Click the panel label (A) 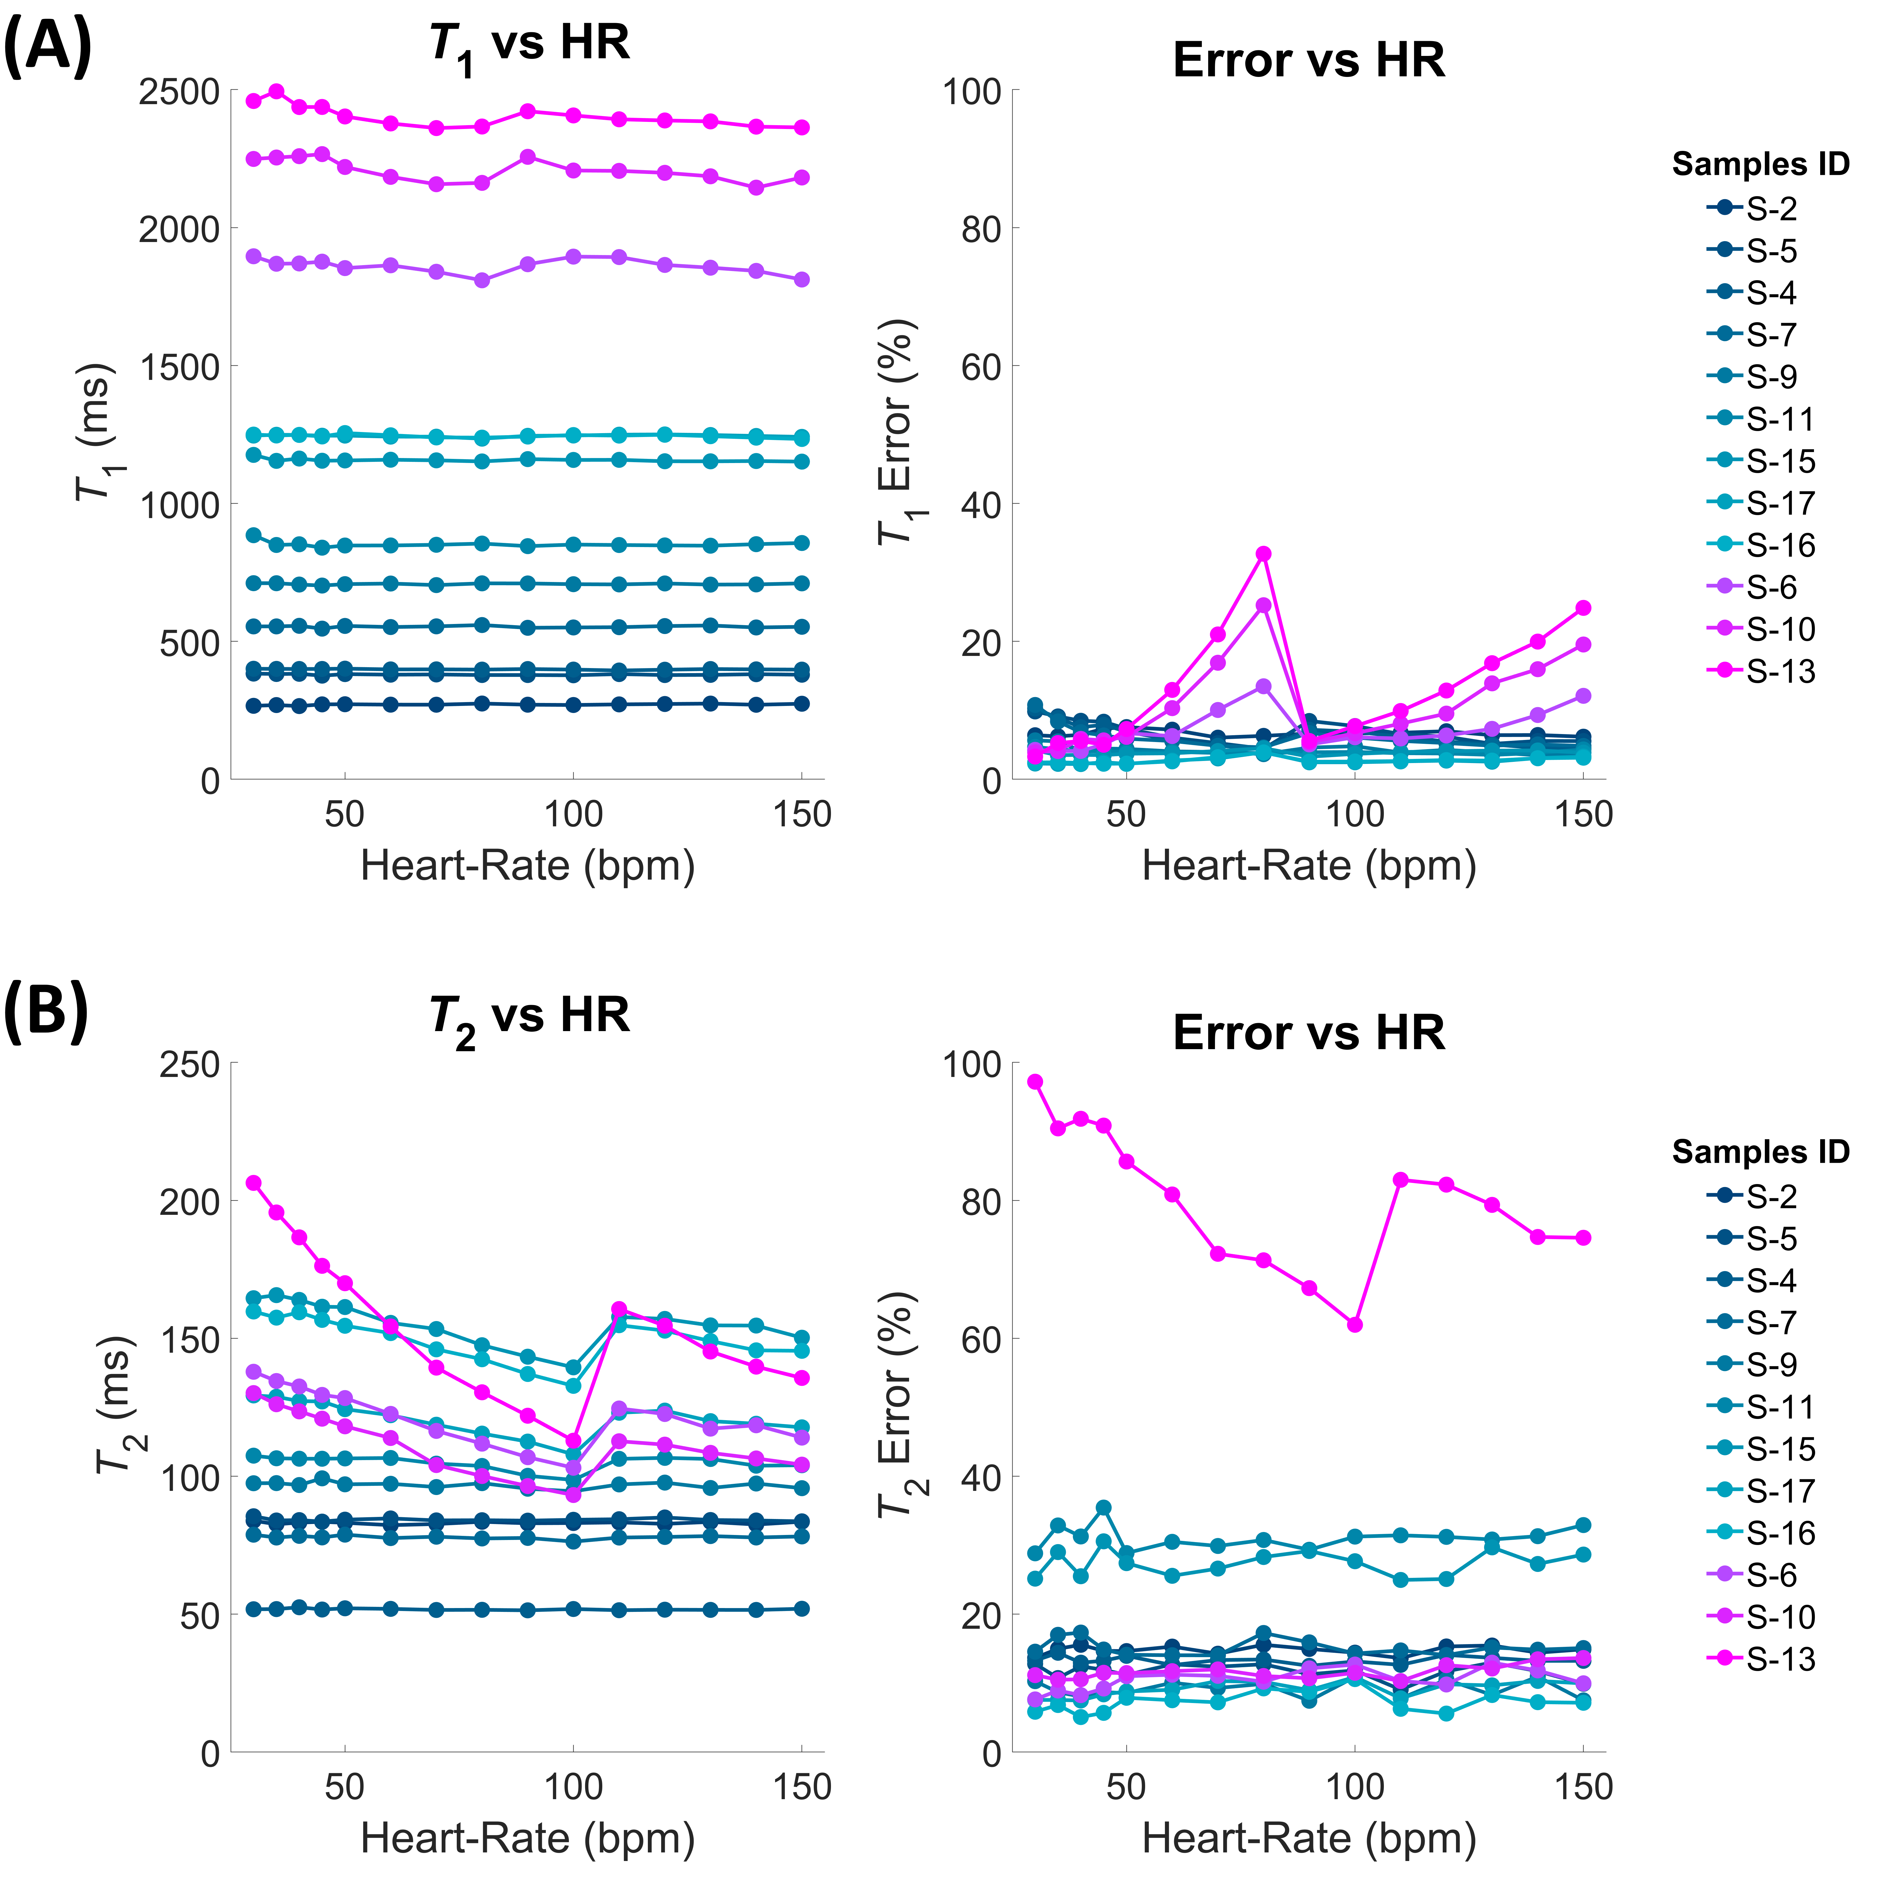[x=47, y=47]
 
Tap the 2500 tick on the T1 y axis [x=179, y=91]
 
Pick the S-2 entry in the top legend [x=1771, y=208]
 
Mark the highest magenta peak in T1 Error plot [x=1263, y=554]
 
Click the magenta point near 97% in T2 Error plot [x=1035, y=1081]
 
